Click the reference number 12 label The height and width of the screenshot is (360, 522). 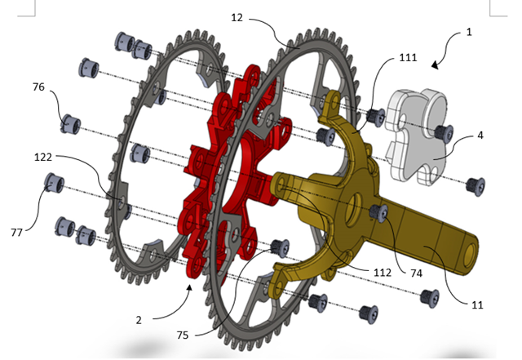pos(237,18)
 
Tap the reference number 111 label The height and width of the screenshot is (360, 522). pos(408,58)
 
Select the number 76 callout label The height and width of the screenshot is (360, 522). pos(38,87)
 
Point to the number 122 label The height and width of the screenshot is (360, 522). pos(43,157)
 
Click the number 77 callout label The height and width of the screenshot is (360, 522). pos(16,233)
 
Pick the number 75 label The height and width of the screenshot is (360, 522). pos(183,335)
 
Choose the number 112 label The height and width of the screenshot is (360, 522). pos(383,273)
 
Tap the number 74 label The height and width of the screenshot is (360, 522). pos(417,273)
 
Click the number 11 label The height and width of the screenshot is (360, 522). pos(477,304)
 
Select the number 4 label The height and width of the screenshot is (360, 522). pos(480,136)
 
